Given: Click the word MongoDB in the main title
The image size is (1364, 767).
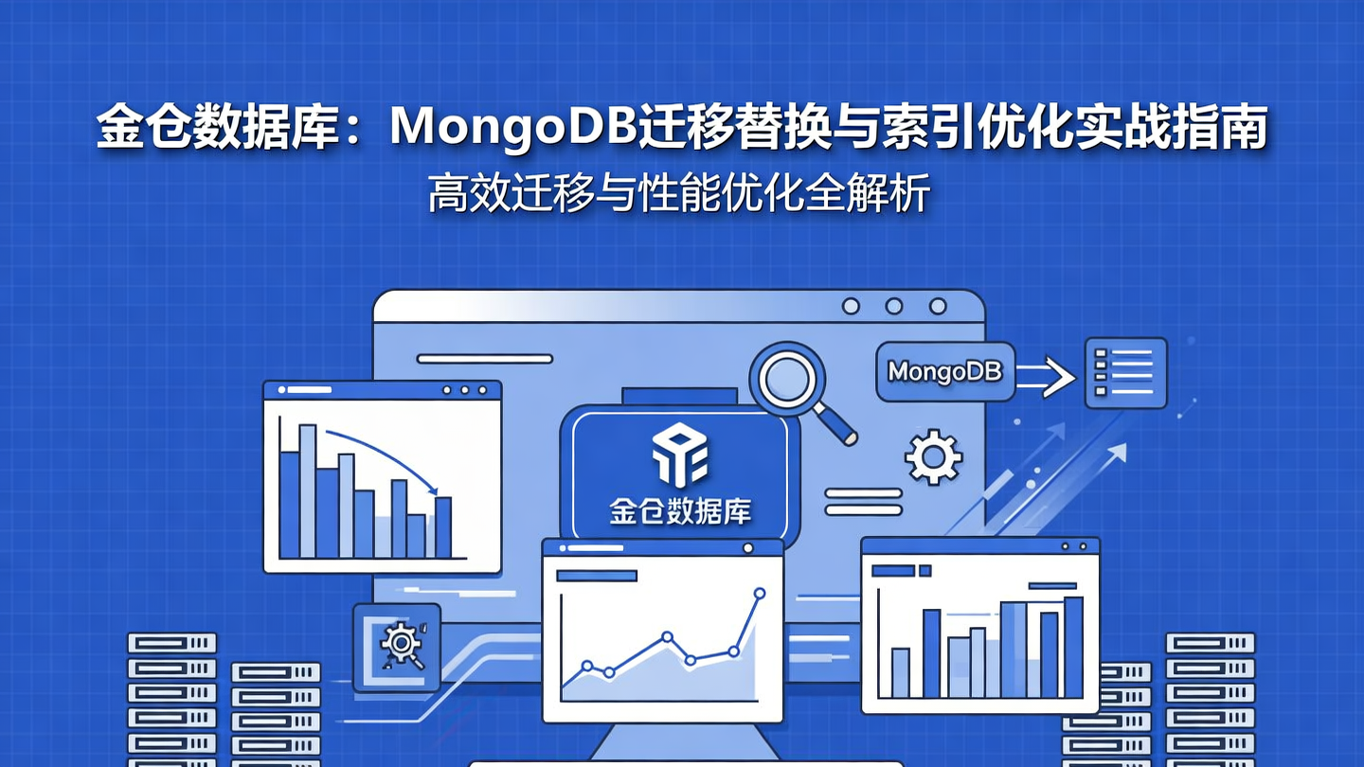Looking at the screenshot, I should [x=511, y=129].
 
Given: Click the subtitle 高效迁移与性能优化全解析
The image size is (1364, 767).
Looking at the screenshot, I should [x=678, y=193].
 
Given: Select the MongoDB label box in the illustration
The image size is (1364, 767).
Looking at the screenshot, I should [x=944, y=371].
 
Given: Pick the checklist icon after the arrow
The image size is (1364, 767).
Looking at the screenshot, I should [x=1125, y=372].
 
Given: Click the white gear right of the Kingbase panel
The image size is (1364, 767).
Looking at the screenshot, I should [x=933, y=458].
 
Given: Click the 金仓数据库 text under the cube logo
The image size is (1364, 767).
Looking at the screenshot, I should [x=680, y=512].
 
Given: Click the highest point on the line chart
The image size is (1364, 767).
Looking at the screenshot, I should [x=759, y=594].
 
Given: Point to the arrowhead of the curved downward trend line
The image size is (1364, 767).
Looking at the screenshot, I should [x=435, y=491].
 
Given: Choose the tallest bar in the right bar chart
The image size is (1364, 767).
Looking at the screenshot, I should [x=1073, y=647].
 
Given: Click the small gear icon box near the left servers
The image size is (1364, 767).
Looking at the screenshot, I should [x=396, y=646].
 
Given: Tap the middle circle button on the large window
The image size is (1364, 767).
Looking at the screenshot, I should [x=893, y=306].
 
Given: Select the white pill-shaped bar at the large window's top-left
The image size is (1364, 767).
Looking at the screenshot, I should [x=484, y=358].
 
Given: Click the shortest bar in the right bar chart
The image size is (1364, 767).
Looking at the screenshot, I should [x=900, y=672].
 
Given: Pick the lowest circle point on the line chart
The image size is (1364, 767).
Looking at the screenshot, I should [x=609, y=672].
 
